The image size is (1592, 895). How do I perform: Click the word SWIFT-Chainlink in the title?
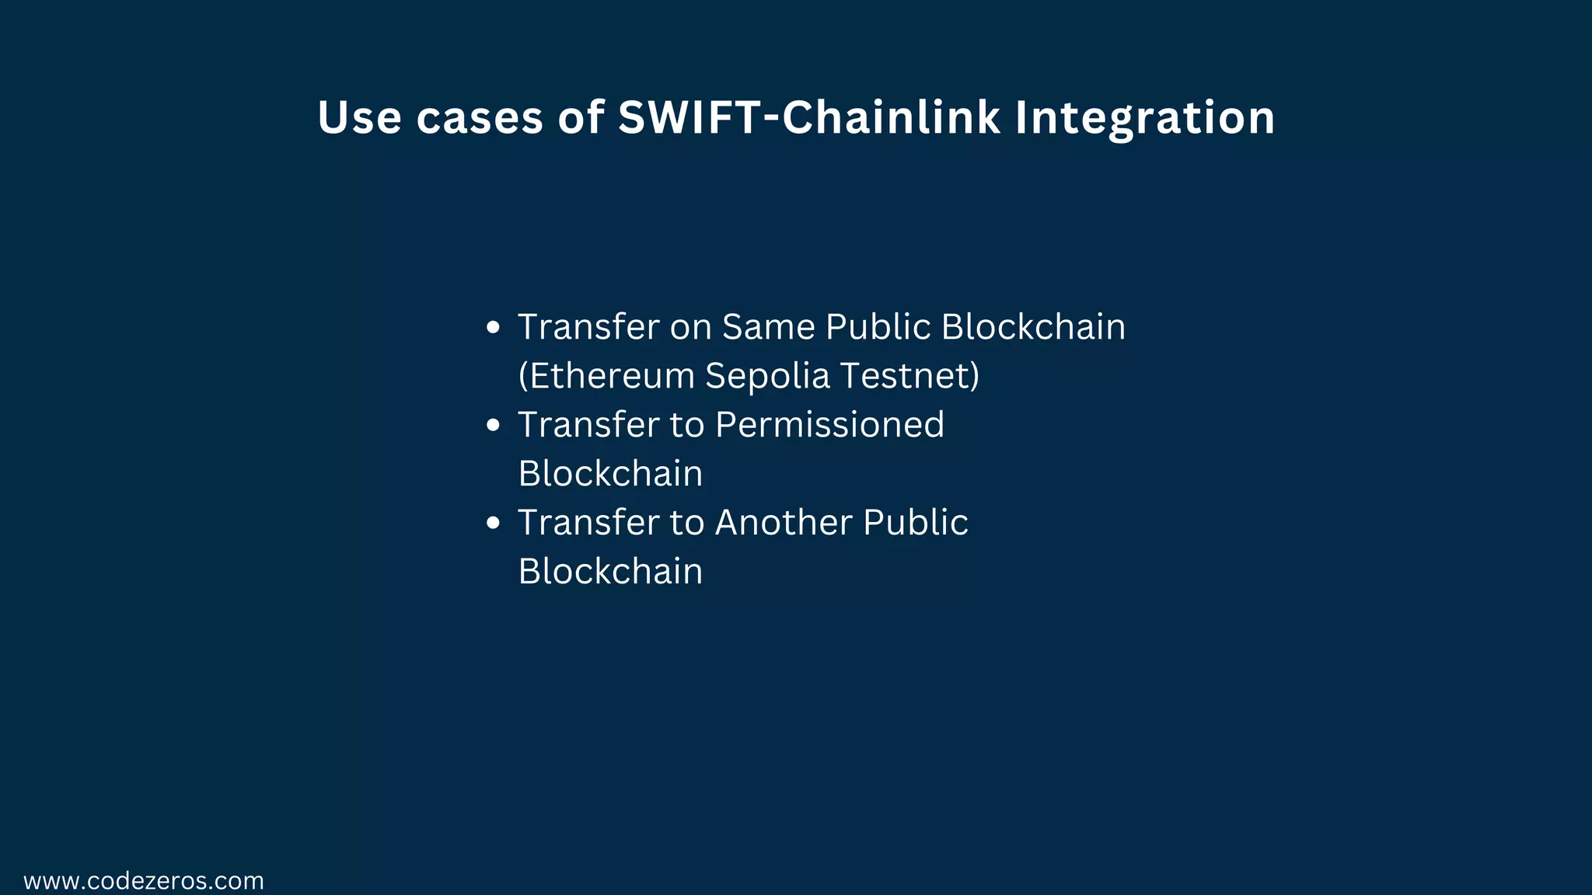point(808,118)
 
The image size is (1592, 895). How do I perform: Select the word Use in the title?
point(359,118)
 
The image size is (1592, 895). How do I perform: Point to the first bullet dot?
point(492,328)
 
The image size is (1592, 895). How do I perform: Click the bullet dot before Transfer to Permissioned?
point(492,426)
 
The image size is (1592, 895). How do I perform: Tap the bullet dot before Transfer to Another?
point(492,524)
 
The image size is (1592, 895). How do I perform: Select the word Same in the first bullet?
point(768,327)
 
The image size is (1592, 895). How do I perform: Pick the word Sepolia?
point(767,376)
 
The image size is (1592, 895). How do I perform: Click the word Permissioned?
point(829,425)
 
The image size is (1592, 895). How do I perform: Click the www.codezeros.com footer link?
point(144,881)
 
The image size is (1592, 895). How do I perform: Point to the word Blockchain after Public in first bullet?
point(1033,327)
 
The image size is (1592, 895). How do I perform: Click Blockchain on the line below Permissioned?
point(610,474)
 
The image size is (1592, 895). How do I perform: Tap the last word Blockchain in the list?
point(610,572)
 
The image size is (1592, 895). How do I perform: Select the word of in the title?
point(580,118)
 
